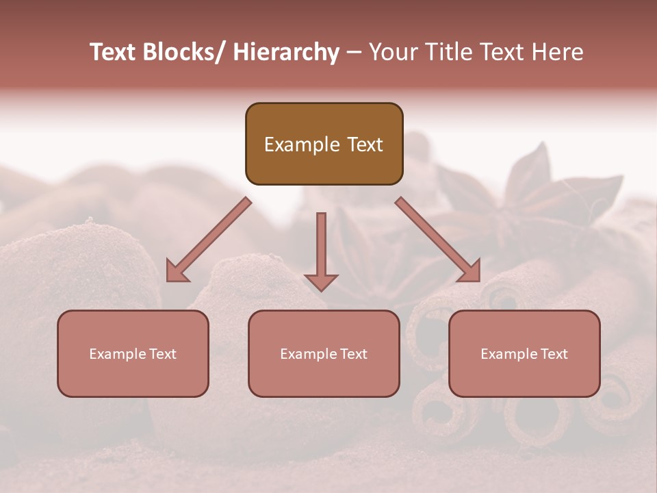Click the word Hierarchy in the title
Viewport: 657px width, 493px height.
[x=286, y=52]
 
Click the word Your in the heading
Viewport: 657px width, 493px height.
[x=392, y=52]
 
